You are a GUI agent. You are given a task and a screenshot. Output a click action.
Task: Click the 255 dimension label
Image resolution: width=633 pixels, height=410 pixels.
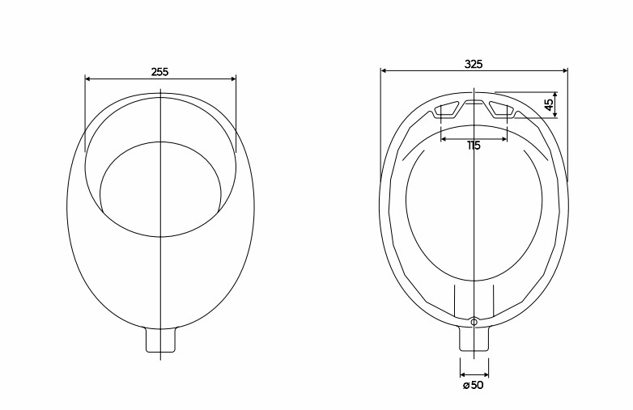pos(159,72)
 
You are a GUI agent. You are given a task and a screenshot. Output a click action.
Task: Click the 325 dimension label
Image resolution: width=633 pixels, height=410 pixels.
pos(474,64)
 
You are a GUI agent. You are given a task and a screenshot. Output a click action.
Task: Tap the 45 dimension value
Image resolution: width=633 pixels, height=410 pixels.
pos(549,105)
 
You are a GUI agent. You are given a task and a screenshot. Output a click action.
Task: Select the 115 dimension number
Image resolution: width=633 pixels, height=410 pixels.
pos(474,145)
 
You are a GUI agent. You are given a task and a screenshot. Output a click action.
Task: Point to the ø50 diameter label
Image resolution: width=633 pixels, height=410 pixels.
pos(474,385)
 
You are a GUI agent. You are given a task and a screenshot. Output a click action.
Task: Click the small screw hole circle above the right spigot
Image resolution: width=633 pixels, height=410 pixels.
pos(474,322)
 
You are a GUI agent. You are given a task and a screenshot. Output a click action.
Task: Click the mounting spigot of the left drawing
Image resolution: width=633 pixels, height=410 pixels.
pos(160,340)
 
